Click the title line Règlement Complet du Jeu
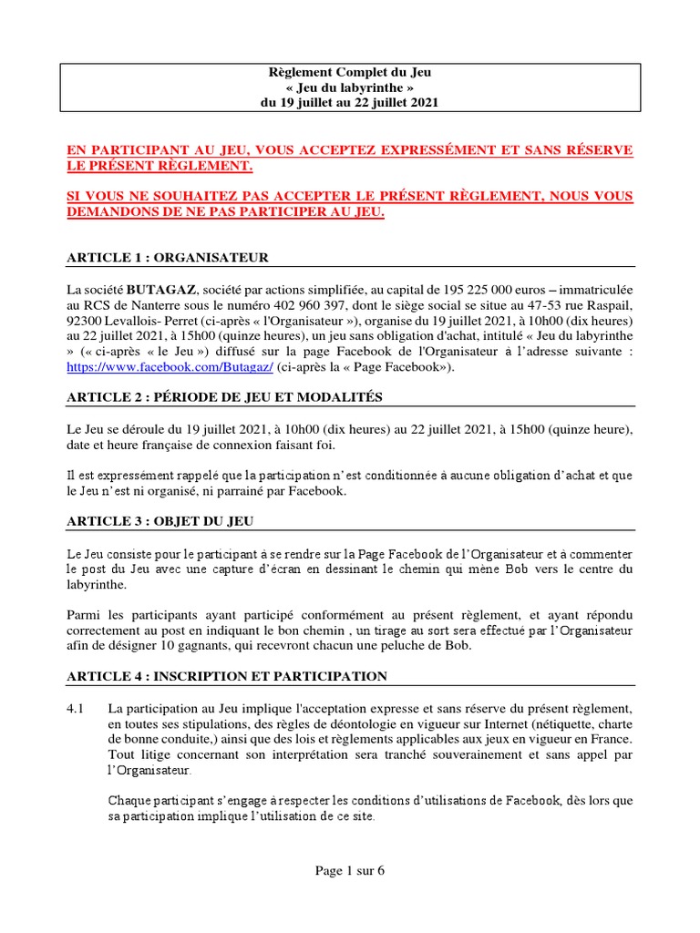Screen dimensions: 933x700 [350, 72]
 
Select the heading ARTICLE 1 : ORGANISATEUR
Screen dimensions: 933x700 [168, 258]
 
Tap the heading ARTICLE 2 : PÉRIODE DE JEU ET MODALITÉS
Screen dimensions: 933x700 [225, 396]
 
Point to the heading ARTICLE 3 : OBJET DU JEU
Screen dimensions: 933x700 [160, 521]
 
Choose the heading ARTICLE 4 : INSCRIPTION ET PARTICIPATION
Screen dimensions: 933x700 [227, 676]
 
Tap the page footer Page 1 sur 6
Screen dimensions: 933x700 [350, 870]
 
